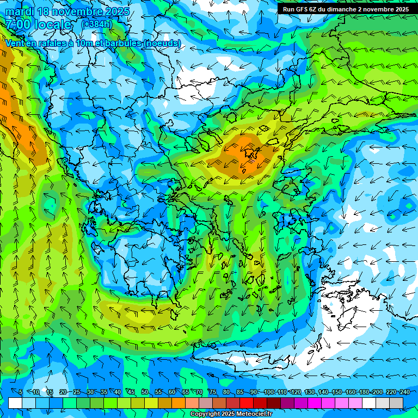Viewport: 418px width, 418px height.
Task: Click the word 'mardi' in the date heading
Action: pyautogui.click(x=18, y=11)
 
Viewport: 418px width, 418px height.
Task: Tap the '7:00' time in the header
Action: pyautogui.click(x=16, y=24)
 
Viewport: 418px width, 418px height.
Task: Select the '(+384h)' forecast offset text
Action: pyautogui.click(x=97, y=24)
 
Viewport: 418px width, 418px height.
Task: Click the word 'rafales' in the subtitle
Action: pyautogui.click(x=44, y=43)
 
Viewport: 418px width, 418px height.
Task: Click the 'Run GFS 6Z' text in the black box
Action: pyautogui.click(x=301, y=9)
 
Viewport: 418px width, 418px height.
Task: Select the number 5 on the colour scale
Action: pyautogui.click(x=21, y=392)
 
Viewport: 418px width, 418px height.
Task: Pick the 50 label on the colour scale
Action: pyautogui.click(x=144, y=392)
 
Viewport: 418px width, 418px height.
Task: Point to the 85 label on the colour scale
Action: pyautogui.click(x=240, y=392)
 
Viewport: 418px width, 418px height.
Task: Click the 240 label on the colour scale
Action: pyautogui.click(x=404, y=392)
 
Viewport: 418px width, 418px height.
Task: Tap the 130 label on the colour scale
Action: pyautogui.click(x=309, y=392)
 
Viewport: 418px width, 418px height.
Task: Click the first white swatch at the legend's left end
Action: pyautogui.click(x=15, y=403)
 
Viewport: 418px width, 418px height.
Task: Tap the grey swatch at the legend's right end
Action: pyautogui.click(x=396, y=403)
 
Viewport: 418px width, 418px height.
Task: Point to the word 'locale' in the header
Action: pyautogui.click(x=52, y=24)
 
